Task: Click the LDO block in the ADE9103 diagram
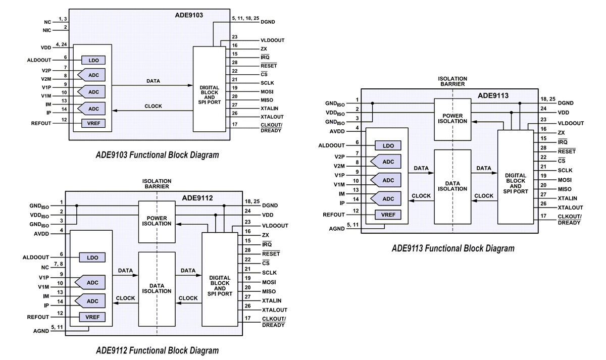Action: tap(93, 60)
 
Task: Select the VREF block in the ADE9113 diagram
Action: tap(388, 215)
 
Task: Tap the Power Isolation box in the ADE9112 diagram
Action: tap(157, 221)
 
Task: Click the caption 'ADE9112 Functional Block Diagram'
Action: tap(157, 350)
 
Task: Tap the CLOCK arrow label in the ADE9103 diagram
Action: tap(153, 106)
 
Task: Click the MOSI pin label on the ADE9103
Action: tap(268, 91)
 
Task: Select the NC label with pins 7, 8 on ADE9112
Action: tap(45, 267)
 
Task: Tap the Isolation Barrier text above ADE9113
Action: tap(452, 82)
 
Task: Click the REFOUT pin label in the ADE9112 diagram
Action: tap(38, 317)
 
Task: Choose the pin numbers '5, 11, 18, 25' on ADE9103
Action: tap(245, 18)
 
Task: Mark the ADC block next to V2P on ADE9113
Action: tap(386, 162)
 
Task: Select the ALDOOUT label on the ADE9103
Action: tap(39, 60)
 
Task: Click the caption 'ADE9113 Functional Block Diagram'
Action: tap(453, 248)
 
